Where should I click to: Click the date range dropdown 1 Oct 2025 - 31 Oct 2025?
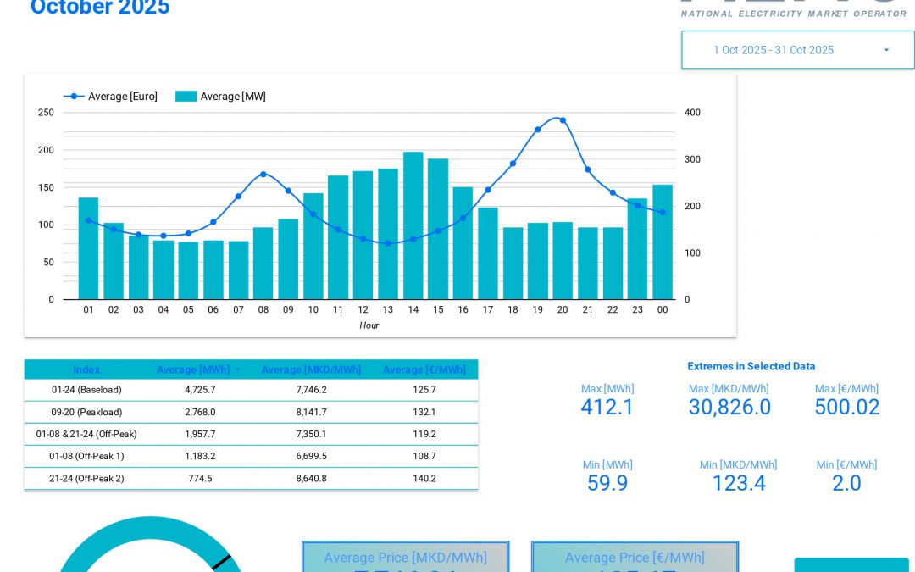coord(796,50)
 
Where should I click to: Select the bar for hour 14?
coord(413,226)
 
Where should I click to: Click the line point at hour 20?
coord(563,120)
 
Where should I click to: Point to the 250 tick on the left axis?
coord(46,113)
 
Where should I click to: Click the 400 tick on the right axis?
coord(692,113)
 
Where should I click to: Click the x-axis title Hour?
coord(369,325)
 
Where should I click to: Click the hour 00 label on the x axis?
coord(662,310)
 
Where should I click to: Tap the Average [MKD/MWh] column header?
coord(311,370)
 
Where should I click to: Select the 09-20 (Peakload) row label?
coord(86,412)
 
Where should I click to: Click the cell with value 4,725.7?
coord(200,390)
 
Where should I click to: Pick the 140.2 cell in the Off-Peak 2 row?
coord(424,478)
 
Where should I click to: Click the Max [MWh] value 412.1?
coord(607,408)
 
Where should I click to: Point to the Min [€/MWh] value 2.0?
coord(846,483)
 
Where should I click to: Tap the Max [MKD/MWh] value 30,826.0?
coord(729,408)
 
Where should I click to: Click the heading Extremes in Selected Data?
coord(751,366)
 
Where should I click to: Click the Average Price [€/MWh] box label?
coord(635,558)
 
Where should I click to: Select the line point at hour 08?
coord(263,174)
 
